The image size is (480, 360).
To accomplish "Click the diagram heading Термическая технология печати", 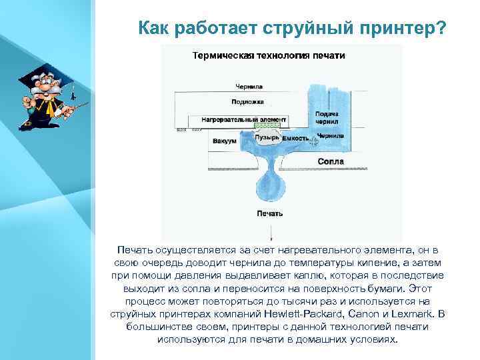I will pos(268,55).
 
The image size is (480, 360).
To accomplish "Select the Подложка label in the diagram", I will pos(247,102).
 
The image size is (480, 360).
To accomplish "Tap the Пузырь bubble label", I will pos(268,137).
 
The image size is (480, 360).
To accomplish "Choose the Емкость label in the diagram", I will pos(295,138).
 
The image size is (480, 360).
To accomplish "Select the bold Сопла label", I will pos(331,161).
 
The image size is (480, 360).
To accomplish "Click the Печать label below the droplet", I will pos(270,213).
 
